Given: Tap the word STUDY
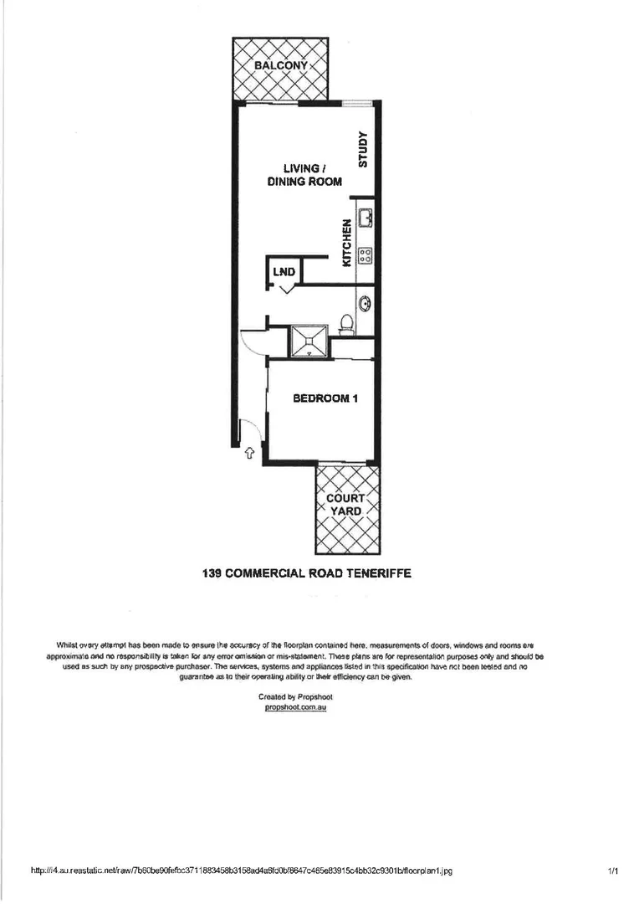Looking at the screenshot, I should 363,150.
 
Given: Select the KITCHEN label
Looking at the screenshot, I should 346,243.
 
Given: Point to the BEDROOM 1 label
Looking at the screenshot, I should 325,398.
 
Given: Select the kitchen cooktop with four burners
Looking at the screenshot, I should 366,254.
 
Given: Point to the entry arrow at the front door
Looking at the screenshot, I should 249,453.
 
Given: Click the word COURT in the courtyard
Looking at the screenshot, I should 345,498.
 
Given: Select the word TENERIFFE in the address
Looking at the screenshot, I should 379,574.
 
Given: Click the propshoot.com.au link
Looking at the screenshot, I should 294,707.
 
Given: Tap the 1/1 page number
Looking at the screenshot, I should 613,871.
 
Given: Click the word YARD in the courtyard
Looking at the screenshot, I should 345,511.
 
